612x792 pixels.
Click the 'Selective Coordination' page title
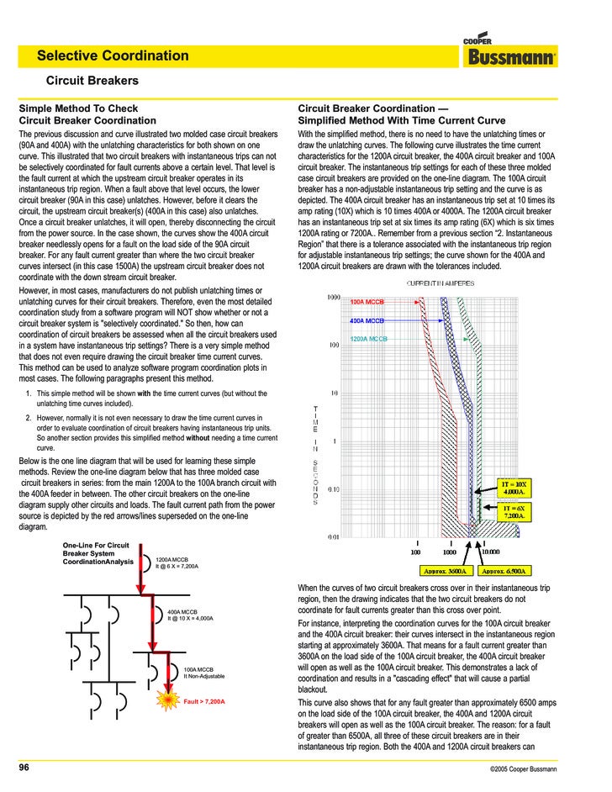coord(113,56)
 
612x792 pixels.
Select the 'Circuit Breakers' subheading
coord(92,82)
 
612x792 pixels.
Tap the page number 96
coord(24,768)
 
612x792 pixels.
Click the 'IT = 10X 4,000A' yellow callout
coord(514,488)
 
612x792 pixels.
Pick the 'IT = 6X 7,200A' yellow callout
coord(514,512)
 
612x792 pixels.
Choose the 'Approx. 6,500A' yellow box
coord(504,570)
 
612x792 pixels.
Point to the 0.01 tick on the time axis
coord(334,537)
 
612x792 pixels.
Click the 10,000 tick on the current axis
coord(490,552)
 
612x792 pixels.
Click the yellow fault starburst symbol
coord(171,700)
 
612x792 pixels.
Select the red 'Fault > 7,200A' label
coord(204,700)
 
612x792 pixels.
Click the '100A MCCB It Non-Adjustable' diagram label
coord(204,673)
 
